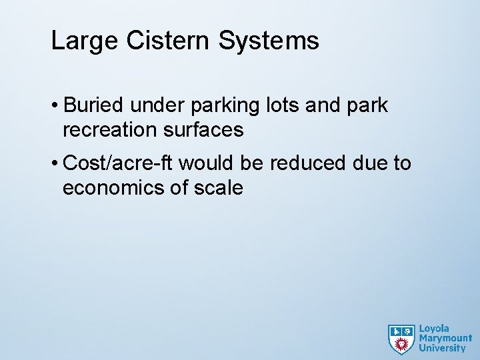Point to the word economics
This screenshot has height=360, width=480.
pyautogui.click(x=115, y=188)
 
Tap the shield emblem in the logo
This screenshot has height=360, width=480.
pyautogui.click(x=401, y=339)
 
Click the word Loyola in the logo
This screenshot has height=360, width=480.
pyautogui.click(x=434, y=329)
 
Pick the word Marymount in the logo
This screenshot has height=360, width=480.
pyautogui.click(x=445, y=338)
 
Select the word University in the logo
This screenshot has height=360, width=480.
pyautogui.click(x=442, y=347)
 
